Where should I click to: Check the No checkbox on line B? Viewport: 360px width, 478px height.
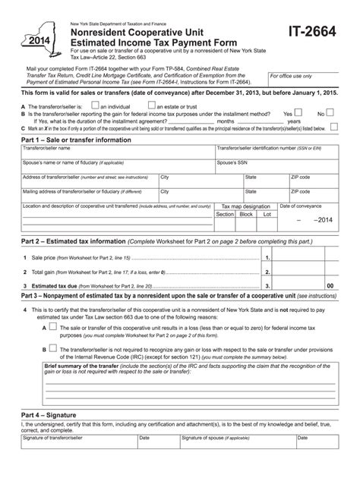(x=330, y=112)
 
